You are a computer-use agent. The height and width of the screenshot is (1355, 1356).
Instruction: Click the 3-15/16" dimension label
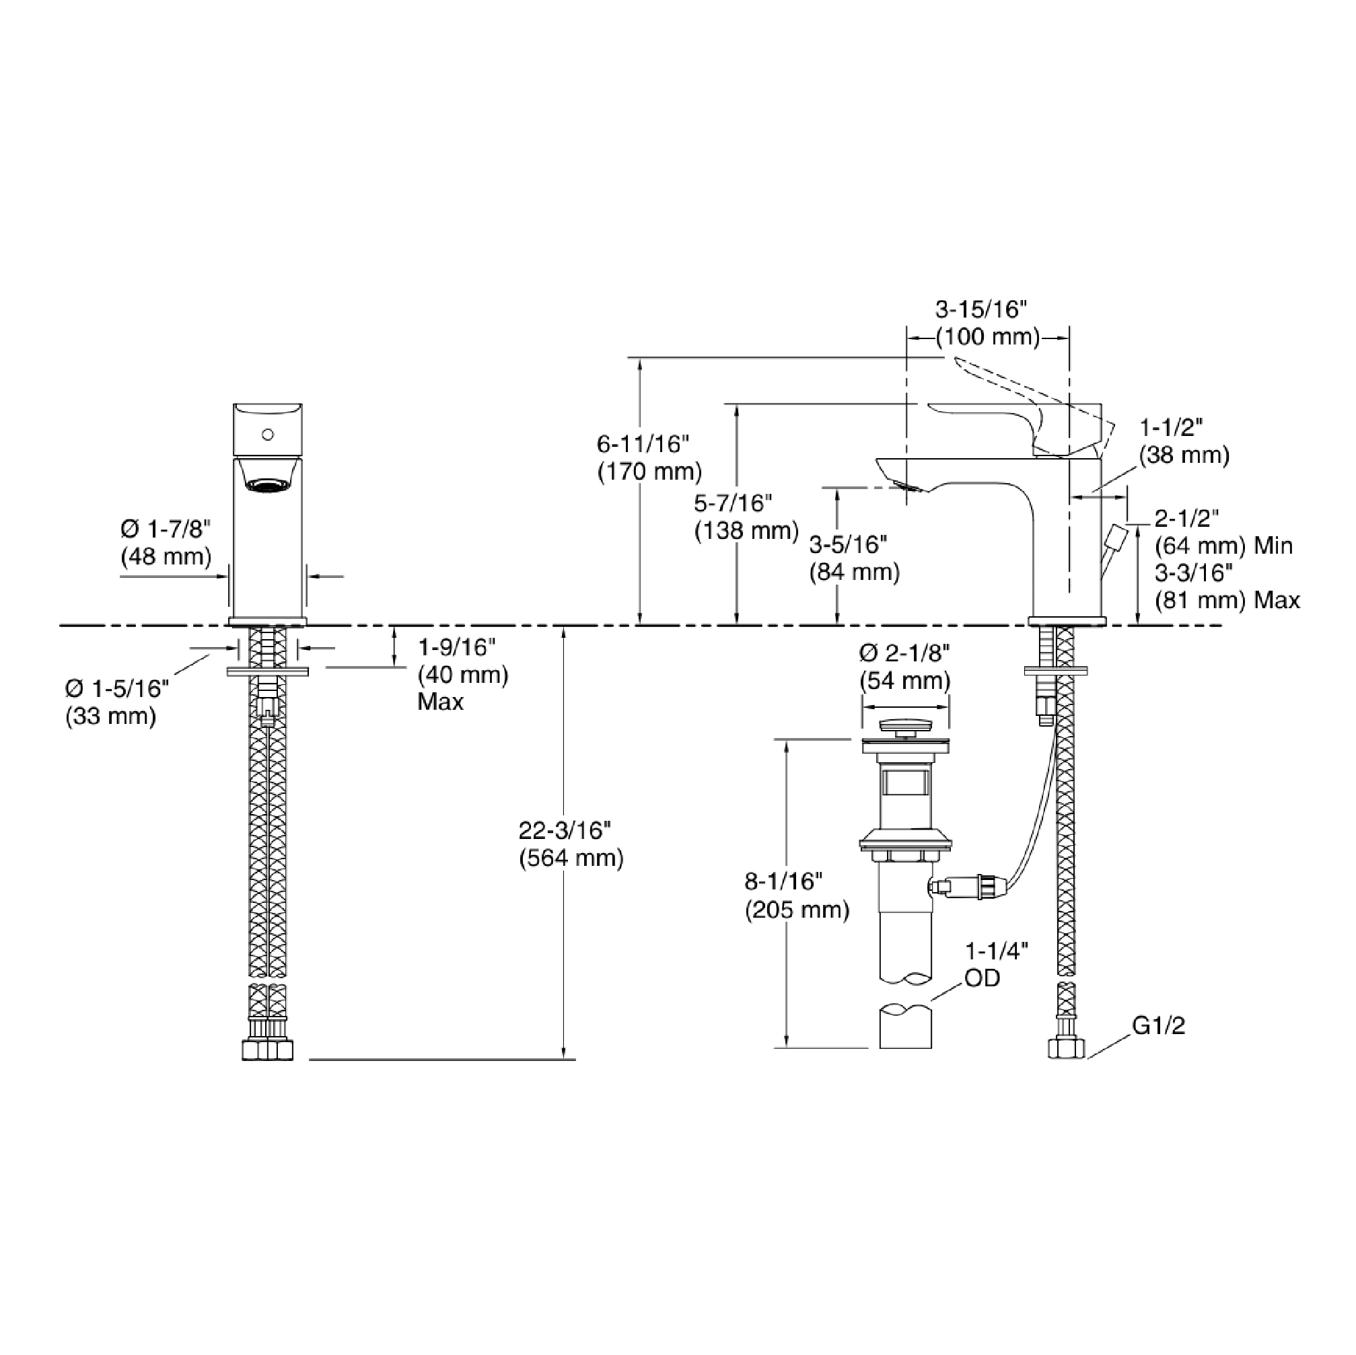pyautogui.click(x=980, y=309)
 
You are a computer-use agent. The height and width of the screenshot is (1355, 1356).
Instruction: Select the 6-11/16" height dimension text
pyautogui.click(x=643, y=443)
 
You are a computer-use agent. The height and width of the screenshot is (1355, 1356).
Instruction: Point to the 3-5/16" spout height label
pyautogui.click(x=848, y=544)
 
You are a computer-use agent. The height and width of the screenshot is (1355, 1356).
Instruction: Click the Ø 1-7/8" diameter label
pyautogui.click(x=166, y=529)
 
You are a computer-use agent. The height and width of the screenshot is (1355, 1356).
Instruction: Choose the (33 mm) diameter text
pyautogui.click(x=111, y=717)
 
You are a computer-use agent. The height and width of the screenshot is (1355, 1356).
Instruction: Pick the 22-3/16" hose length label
pyautogui.click(x=565, y=830)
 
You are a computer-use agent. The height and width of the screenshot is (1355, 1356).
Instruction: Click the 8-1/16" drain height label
pyautogui.click(x=783, y=881)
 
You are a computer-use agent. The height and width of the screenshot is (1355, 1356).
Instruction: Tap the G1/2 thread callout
pyautogui.click(x=1159, y=1026)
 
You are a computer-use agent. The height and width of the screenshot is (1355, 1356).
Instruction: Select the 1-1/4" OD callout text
pyautogui.click(x=997, y=964)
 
